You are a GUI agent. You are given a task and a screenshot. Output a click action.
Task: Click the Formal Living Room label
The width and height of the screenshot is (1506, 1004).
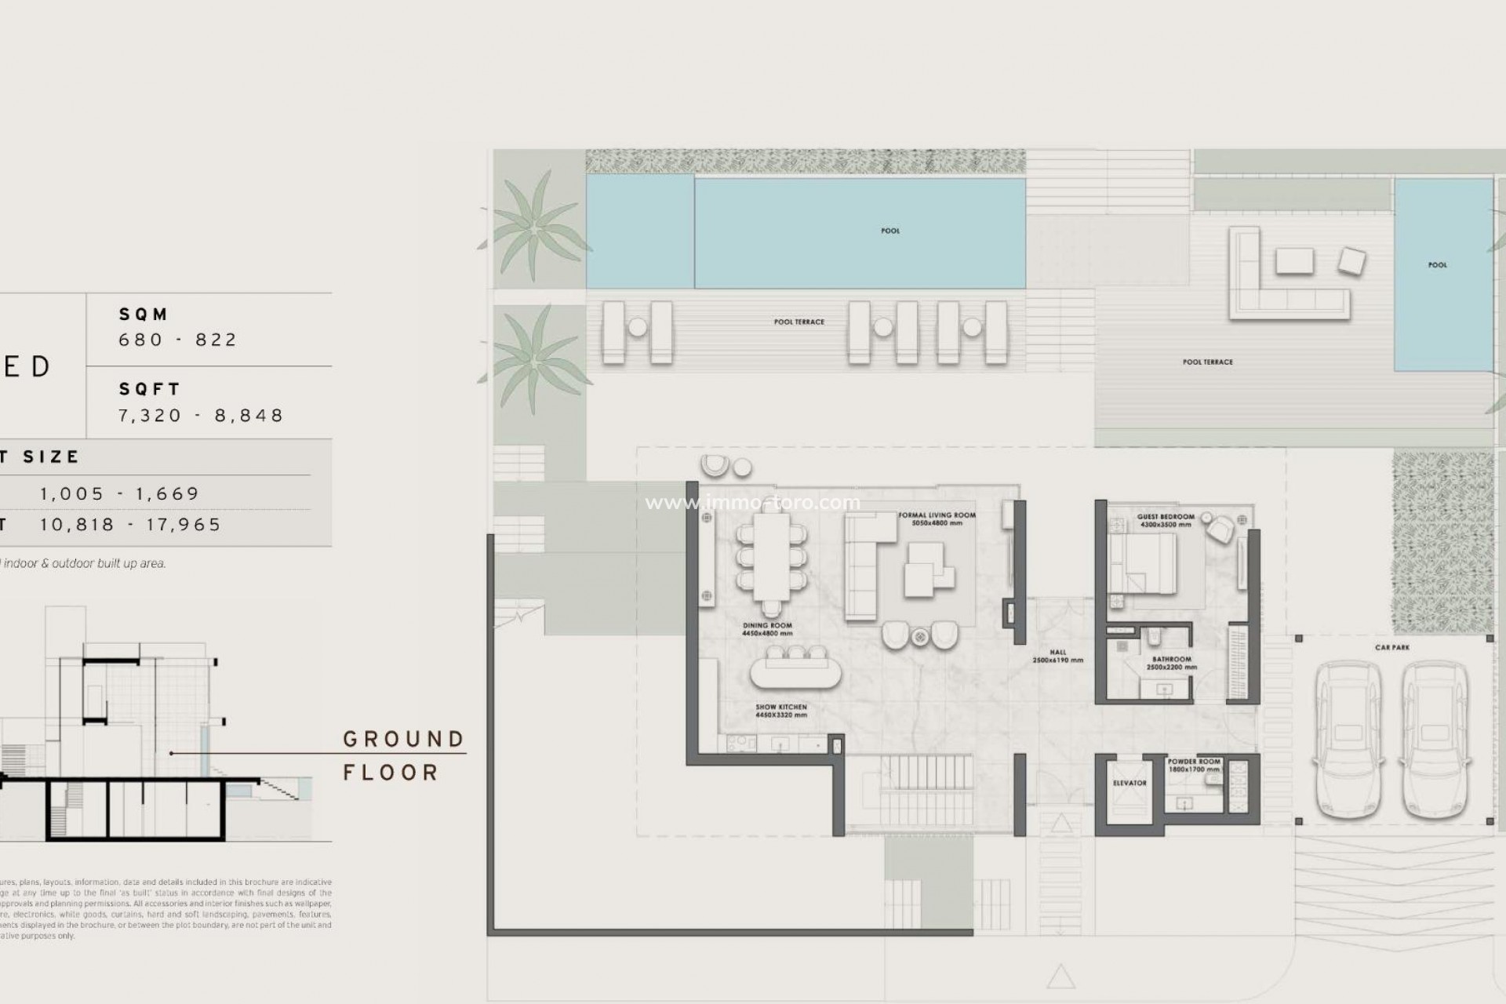937,518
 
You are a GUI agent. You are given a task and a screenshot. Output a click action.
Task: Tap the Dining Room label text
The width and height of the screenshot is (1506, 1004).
767,629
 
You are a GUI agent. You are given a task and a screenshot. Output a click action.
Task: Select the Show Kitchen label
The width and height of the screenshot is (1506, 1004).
780,711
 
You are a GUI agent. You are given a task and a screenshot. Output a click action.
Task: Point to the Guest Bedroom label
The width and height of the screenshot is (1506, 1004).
1166,520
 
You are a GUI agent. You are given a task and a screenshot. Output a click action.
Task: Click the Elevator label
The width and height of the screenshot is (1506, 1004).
1129,783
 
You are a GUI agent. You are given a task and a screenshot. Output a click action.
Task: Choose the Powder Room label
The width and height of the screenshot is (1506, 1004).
1194,765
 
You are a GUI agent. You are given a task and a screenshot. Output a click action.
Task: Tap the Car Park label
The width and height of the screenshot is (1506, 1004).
1392,648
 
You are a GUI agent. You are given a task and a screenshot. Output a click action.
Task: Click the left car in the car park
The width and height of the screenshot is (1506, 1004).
1348,740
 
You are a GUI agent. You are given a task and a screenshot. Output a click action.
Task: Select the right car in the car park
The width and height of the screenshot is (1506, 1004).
1435,740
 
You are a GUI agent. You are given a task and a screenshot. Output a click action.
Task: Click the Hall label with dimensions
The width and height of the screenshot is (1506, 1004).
1058,656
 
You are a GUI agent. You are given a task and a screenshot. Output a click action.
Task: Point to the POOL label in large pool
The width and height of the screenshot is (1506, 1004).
890,231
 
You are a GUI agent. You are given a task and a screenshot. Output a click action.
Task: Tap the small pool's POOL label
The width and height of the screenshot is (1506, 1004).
1437,265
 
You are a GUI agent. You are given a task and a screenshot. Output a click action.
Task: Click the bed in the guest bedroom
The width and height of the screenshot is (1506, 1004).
1144,563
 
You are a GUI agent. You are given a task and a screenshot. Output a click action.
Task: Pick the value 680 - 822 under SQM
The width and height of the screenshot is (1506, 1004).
177,340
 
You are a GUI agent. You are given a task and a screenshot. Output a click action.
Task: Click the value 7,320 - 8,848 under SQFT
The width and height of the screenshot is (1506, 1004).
201,415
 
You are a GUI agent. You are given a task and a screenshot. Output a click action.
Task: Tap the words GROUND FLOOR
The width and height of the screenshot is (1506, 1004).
403,755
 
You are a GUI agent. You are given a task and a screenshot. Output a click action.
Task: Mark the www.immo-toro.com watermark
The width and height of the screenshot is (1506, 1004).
752,503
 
